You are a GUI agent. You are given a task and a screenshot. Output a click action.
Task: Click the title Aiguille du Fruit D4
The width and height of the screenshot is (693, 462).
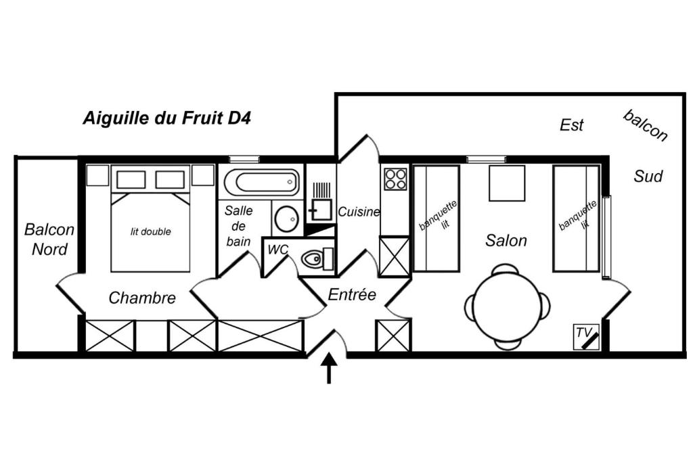(x=167, y=118)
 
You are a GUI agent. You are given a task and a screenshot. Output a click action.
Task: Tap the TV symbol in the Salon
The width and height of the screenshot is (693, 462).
(x=586, y=338)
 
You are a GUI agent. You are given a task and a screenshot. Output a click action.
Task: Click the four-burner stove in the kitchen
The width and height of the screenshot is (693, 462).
(x=395, y=179)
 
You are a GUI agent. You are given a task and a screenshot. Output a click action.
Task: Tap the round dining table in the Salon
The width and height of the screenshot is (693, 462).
(x=508, y=306)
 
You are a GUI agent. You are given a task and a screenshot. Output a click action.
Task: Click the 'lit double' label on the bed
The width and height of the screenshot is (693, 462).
(x=151, y=231)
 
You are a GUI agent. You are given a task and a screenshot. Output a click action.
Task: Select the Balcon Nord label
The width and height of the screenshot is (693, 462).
(x=49, y=239)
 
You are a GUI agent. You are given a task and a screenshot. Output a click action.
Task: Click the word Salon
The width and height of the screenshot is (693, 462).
(x=506, y=240)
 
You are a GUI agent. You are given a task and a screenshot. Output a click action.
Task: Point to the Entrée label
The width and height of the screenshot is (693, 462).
(x=352, y=295)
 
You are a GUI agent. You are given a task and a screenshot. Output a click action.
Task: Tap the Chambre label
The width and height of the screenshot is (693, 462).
(x=142, y=298)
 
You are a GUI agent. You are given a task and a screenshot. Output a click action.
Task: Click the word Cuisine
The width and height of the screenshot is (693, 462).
(x=359, y=212)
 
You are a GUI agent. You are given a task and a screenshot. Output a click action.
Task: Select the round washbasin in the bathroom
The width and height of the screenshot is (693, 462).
(x=286, y=218)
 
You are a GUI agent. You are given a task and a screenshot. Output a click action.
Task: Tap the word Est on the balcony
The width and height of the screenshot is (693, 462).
(x=571, y=125)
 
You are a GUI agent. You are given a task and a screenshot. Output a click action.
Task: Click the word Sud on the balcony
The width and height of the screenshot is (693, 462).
(x=648, y=177)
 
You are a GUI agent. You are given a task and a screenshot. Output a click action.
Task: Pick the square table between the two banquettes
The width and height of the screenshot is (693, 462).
(x=507, y=183)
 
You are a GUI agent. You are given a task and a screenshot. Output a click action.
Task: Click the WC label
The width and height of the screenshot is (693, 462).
(x=277, y=250)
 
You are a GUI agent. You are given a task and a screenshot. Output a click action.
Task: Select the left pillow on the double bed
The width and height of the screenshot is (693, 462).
(x=131, y=180)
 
